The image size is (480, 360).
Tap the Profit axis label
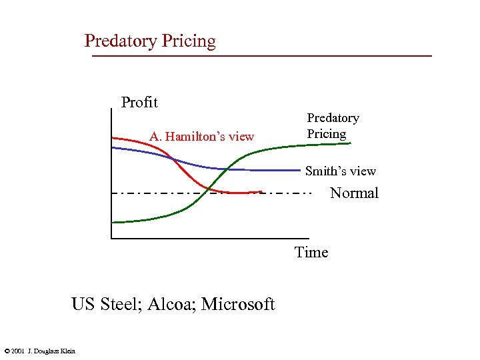pyautogui.click(x=139, y=102)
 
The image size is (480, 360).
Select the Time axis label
pyautogui.click(x=311, y=252)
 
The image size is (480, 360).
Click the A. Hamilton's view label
pyautogui.click(x=201, y=137)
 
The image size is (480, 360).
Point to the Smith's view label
pyautogui.click(x=340, y=171)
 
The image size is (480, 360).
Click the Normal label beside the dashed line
pyautogui.click(x=354, y=193)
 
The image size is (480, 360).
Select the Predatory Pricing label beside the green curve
pyautogui.click(x=333, y=125)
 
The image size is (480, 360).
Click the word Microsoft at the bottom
pyautogui.click(x=238, y=305)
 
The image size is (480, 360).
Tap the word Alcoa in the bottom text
pyautogui.click(x=173, y=305)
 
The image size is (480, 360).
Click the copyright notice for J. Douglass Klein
pyautogui.click(x=39, y=351)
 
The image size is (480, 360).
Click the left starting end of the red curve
pyautogui.click(x=113, y=137)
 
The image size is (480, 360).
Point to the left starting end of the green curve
pyautogui.click(x=113, y=222)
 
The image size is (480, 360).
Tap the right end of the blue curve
pyautogui.click(x=299, y=170)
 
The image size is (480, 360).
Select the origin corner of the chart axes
pyautogui.click(x=112, y=237)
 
